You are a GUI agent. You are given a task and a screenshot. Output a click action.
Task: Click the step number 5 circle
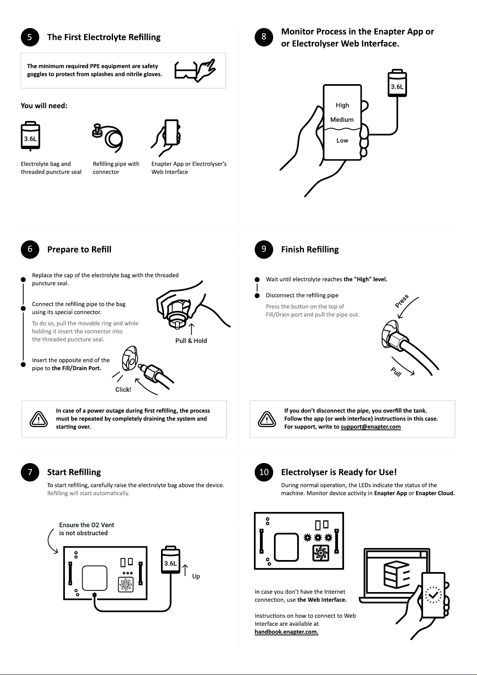click(30, 37)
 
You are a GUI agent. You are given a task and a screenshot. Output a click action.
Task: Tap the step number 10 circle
click(264, 472)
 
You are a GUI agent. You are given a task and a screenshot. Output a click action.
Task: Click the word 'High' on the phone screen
click(342, 105)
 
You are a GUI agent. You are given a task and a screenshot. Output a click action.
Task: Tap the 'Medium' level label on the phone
click(342, 120)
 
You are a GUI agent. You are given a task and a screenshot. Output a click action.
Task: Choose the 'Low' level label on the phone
click(342, 141)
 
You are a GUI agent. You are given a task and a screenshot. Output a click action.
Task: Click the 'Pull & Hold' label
click(191, 341)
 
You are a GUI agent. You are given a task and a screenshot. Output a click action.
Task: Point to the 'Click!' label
click(123, 390)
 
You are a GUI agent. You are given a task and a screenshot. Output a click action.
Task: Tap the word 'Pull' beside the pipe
click(396, 372)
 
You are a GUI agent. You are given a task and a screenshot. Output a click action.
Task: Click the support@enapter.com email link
click(370, 427)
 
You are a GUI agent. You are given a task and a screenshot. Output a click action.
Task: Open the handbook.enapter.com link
click(286, 632)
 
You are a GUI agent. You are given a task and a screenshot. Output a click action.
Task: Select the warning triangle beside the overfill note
click(266, 419)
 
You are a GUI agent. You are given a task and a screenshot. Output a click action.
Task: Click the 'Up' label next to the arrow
click(196, 576)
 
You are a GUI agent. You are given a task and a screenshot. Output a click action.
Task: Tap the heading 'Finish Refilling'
click(310, 250)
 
